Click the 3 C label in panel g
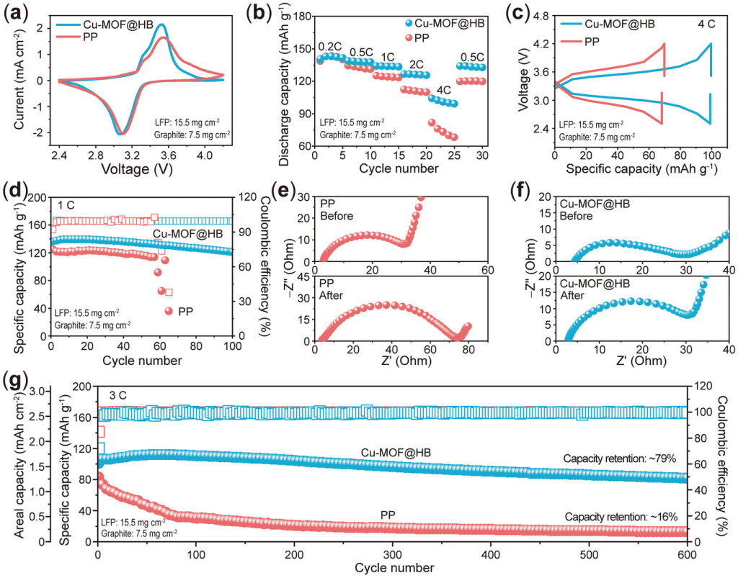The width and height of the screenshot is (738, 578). (119, 395)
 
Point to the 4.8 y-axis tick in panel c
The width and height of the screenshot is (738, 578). (538, 15)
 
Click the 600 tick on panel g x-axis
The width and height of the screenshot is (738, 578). (687, 556)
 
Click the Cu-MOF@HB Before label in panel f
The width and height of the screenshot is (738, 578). (589, 209)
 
